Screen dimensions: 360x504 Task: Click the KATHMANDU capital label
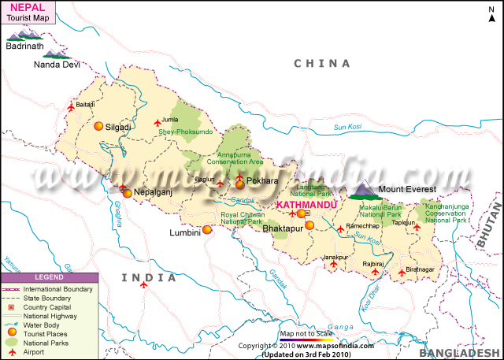pos(306,204)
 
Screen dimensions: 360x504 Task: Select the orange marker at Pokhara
pos(239,184)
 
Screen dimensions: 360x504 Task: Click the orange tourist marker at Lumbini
pos(207,230)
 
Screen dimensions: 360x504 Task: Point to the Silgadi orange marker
pos(98,126)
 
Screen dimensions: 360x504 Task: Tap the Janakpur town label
pos(335,257)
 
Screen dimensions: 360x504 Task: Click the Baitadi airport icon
pos(72,106)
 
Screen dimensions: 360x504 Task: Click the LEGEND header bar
pos(49,277)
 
